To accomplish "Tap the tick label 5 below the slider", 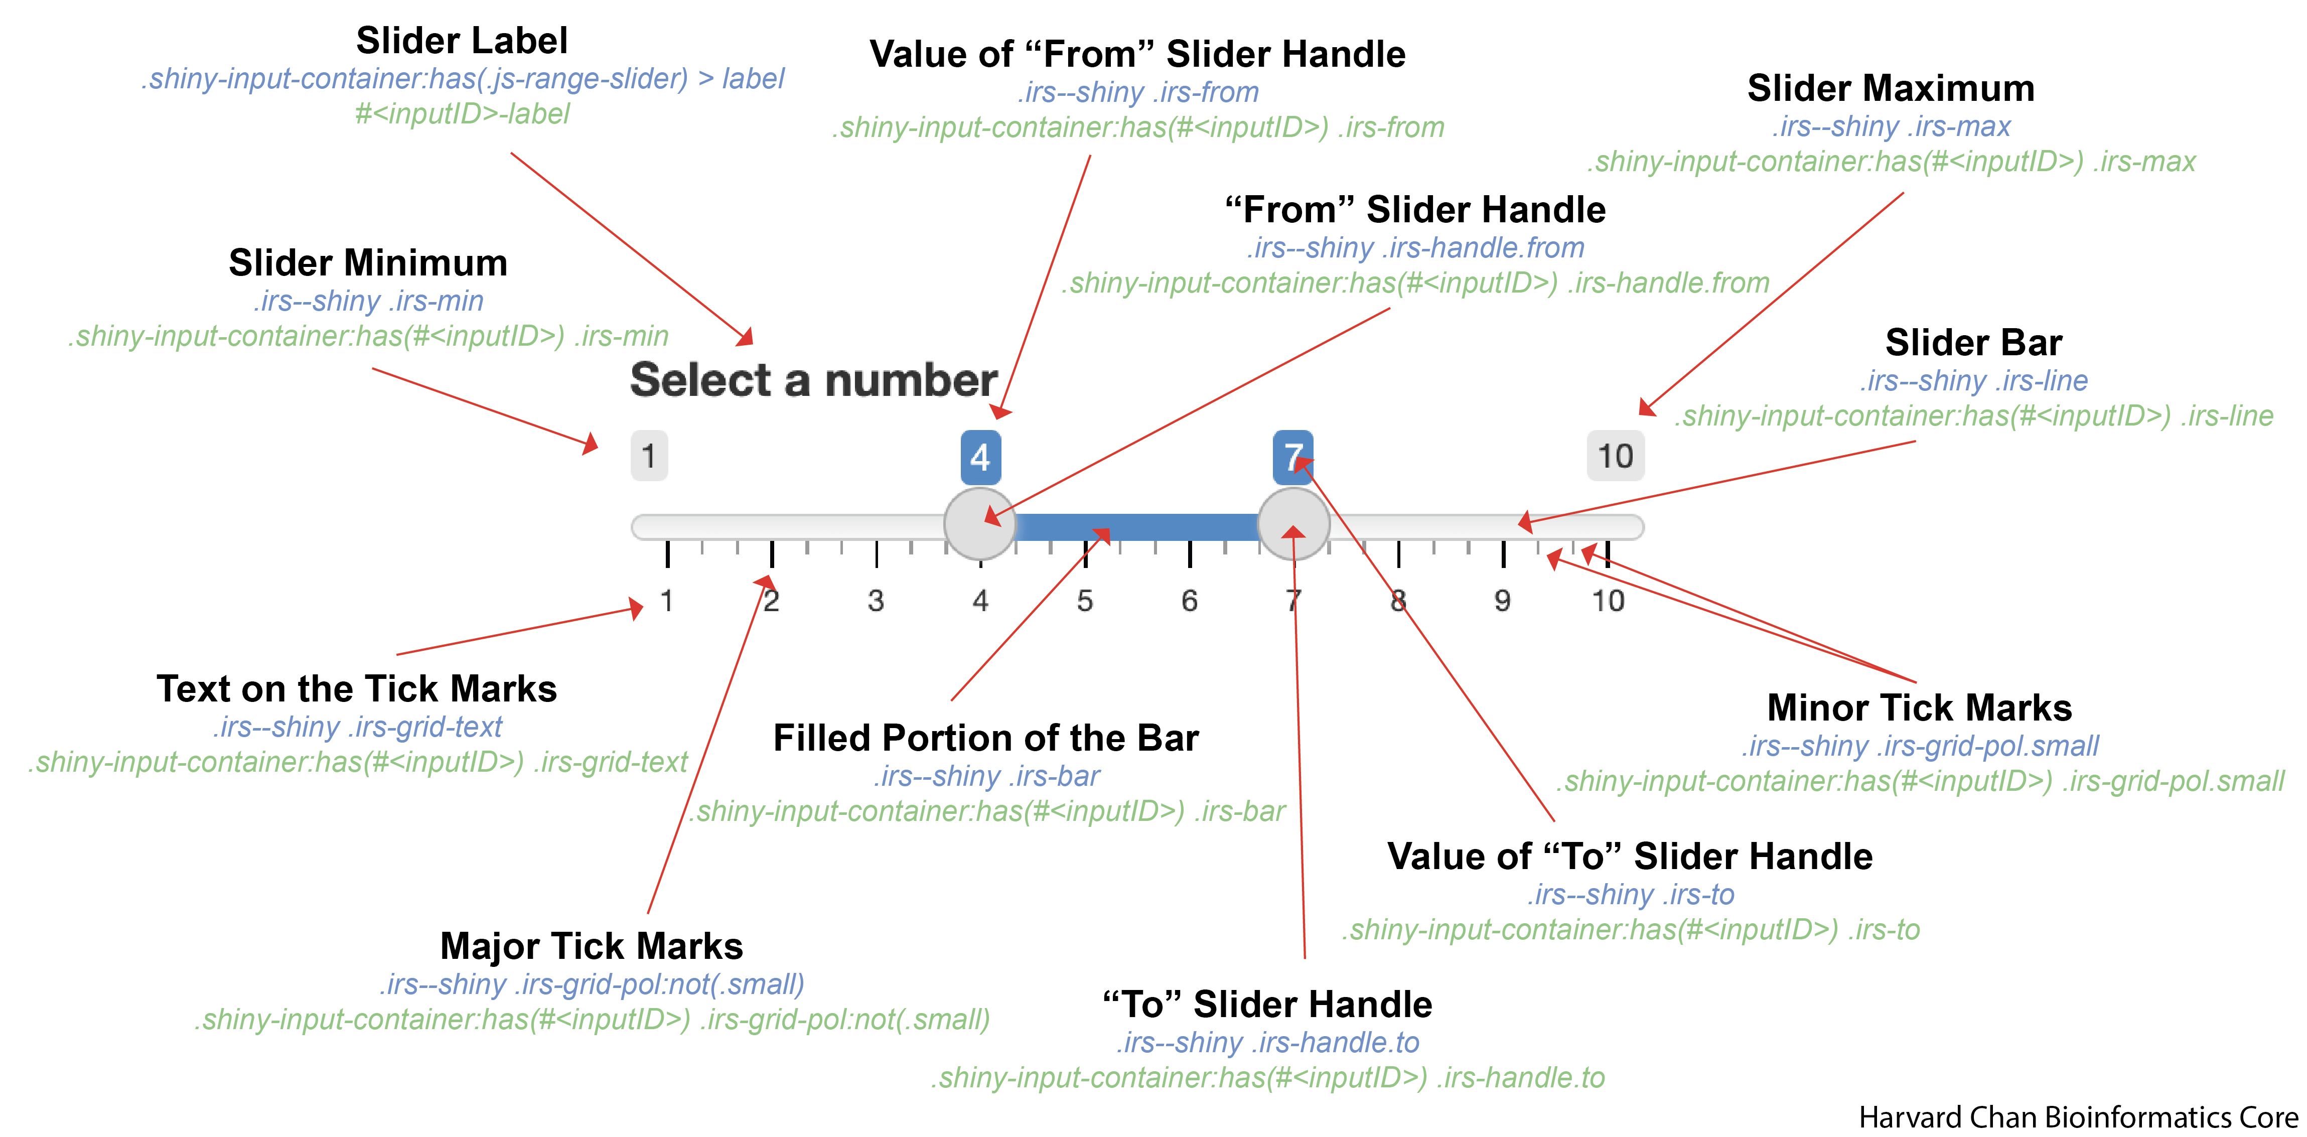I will tap(1085, 601).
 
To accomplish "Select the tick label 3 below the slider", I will tap(876, 601).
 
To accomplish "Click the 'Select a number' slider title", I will tap(813, 380).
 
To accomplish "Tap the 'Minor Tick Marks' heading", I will tap(1919, 707).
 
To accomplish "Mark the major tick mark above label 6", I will tap(1189, 554).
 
